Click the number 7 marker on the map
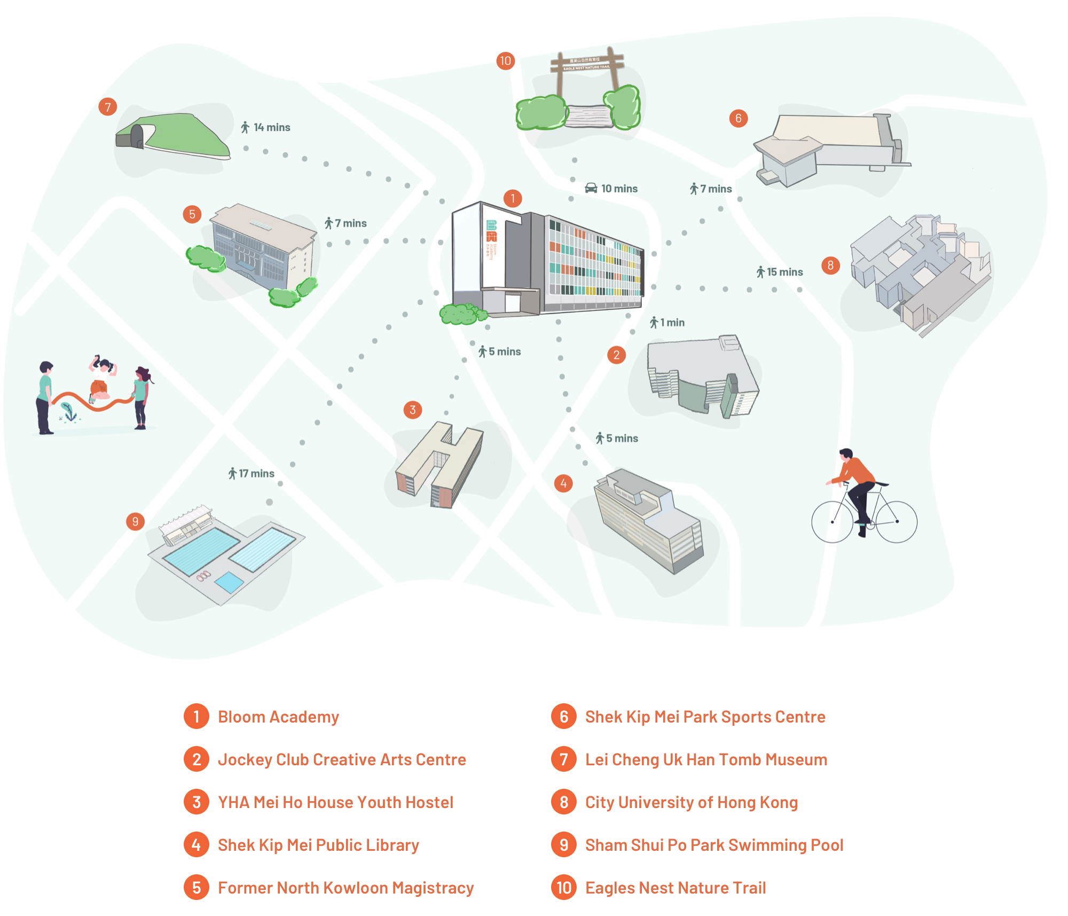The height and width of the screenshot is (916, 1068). [x=108, y=107]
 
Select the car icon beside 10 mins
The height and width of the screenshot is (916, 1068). [x=591, y=188]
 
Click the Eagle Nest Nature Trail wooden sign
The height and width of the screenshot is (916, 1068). [x=587, y=64]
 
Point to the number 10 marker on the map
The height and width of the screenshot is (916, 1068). [x=505, y=61]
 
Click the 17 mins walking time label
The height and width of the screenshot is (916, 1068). [x=252, y=473]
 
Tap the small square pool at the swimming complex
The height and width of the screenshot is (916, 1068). [x=229, y=582]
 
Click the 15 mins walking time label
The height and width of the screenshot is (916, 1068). [x=780, y=272]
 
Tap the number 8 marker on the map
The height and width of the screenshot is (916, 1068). [x=830, y=266]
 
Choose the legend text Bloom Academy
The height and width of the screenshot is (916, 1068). [x=278, y=717]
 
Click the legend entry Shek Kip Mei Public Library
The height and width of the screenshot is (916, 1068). [x=318, y=845]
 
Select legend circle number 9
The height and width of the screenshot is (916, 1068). [x=564, y=845]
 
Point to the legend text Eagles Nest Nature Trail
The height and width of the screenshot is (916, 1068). [x=676, y=888]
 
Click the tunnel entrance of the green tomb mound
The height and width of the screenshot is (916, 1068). [x=137, y=136]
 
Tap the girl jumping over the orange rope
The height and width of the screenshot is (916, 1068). [x=101, y=377]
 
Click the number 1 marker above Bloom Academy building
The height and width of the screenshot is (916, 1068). [x=513, y=199]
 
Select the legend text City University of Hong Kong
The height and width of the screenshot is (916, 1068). [x=692, y=802]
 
